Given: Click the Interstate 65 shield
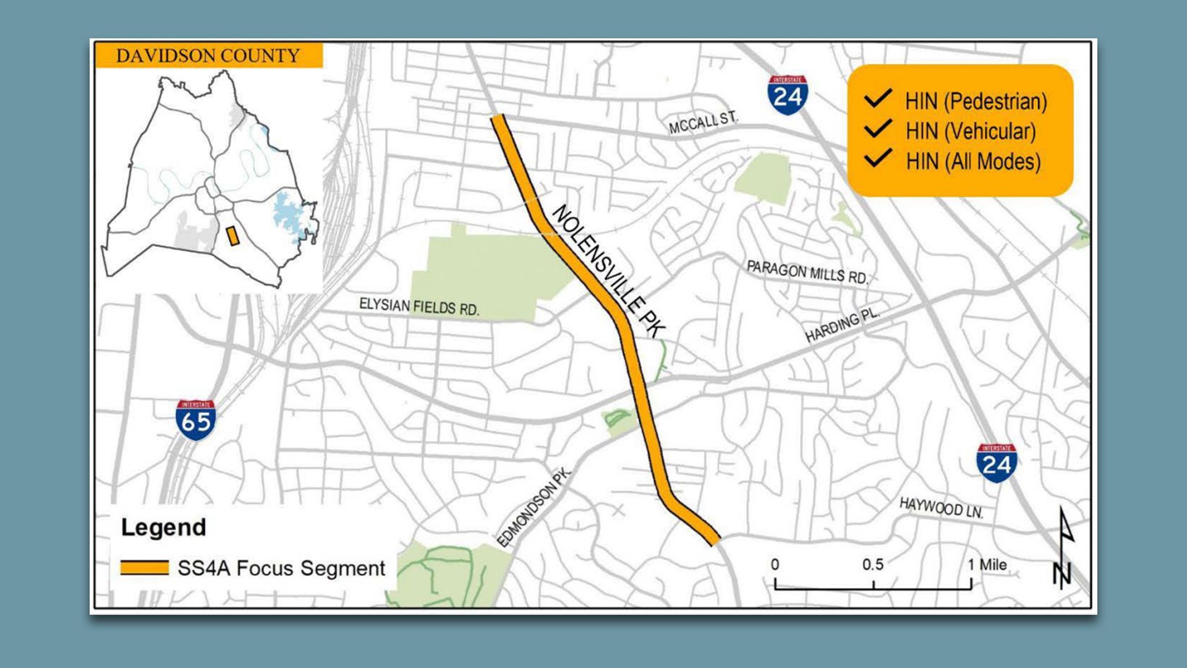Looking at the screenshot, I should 195,420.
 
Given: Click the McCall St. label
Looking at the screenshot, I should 704,122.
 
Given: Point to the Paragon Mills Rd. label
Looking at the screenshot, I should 807,272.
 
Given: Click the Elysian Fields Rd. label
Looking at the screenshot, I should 419,306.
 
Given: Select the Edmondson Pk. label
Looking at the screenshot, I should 535,508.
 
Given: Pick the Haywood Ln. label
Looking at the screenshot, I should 941,508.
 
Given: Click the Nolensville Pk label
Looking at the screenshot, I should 606,272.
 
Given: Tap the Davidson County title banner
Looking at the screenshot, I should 208,56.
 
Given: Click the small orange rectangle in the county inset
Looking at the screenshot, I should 232,236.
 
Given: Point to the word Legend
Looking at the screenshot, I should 164,528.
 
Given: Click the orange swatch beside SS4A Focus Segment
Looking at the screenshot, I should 144,568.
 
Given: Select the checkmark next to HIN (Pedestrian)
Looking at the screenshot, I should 877,99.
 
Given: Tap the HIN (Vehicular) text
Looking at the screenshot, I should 970,131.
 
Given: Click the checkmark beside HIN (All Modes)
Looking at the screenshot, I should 877,158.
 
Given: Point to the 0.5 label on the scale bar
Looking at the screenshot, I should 873,565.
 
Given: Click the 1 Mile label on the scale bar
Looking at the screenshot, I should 987,565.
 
